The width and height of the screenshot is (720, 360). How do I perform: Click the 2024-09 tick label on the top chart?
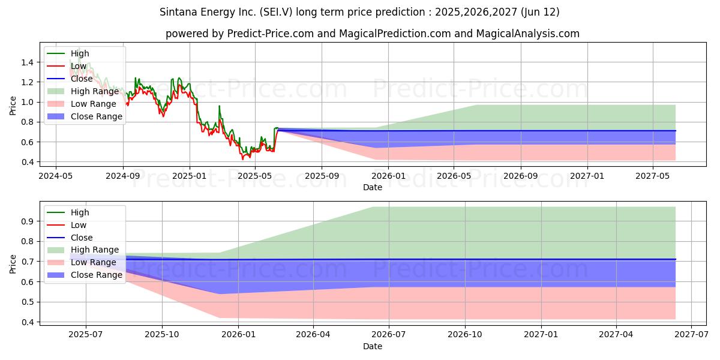point(123,176)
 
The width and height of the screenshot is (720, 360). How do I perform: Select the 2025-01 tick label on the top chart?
point(190,176)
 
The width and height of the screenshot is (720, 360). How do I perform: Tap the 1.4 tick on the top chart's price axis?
point(26,62)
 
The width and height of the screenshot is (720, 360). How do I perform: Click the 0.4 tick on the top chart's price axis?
point(26,162)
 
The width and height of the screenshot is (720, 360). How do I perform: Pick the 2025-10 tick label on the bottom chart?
point(162,335)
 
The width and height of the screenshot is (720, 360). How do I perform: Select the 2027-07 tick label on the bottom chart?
point(692,335)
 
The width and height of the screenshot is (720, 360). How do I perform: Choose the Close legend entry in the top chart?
point(82,79)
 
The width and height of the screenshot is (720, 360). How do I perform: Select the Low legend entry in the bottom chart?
point(79,225)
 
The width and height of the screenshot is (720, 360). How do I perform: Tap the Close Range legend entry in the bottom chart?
point(97,275)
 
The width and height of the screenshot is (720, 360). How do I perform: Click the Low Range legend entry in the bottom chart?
point(94,263)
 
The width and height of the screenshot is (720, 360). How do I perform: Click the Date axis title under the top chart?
point(372,187)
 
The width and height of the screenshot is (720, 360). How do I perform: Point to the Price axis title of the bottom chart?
point(13,264)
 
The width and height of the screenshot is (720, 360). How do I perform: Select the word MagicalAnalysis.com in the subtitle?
point(528,34)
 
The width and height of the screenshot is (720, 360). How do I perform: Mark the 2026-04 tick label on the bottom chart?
point(314,335)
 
